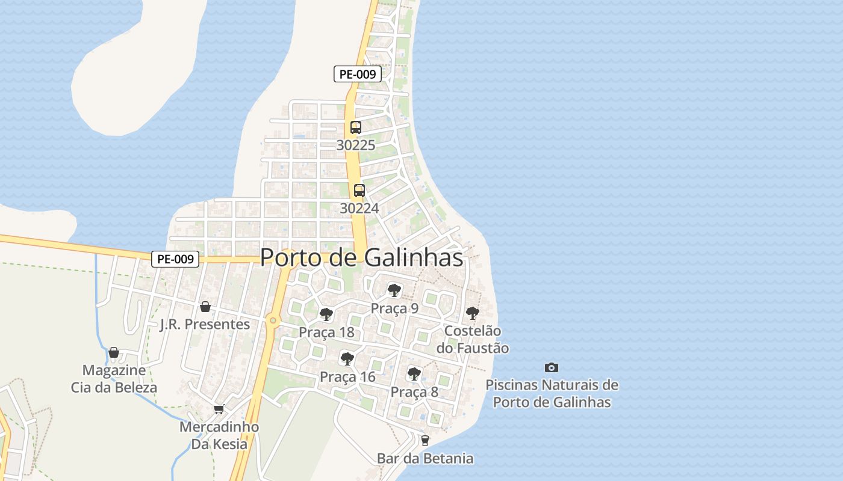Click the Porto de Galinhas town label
361,257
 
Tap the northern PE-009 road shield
358,75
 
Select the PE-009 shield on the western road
175,259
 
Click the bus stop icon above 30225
356,127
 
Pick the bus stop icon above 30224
359,191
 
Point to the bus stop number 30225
356,145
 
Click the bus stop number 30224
359,208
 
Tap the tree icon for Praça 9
394,291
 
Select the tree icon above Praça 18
326,314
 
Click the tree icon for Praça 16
347,359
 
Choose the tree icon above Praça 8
414,373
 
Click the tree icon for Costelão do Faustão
473,313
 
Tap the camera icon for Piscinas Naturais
551,367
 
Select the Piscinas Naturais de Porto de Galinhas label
552,394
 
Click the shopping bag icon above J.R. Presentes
205,307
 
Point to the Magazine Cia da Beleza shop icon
114,352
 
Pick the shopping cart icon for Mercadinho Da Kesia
219,409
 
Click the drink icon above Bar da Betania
425,441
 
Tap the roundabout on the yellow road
273,320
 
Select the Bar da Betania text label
425,459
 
